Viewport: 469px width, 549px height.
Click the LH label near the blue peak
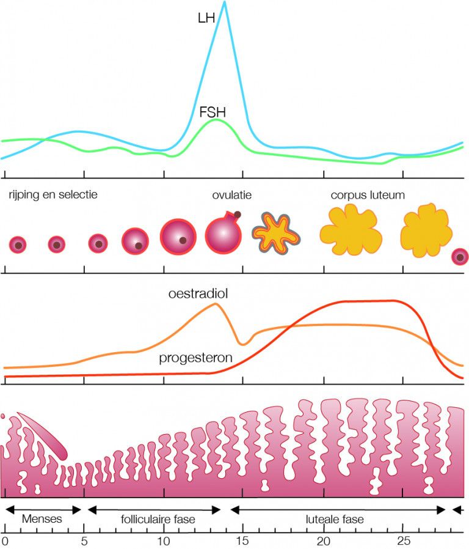[206, 18]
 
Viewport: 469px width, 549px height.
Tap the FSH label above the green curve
[213, 112]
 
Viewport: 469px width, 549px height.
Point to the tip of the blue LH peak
[225, 2]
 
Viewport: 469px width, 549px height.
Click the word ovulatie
[232, 194]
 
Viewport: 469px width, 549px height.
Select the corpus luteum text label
[368, 195]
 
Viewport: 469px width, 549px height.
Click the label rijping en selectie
[53, 194]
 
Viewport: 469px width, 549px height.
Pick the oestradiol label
[198, 293]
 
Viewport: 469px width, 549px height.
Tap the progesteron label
[195, 358]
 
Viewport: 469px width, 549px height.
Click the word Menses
[42, 518]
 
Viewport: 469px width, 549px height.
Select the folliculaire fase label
[158, 519]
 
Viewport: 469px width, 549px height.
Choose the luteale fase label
[335, 519]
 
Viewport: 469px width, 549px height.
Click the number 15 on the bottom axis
[242, 540]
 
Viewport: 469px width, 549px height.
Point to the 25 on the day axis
[404, 540]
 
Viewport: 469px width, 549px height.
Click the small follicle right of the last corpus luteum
[460, 257]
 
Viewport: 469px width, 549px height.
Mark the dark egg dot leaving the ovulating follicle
[238, 214]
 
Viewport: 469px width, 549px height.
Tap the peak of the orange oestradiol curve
[215, 303]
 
